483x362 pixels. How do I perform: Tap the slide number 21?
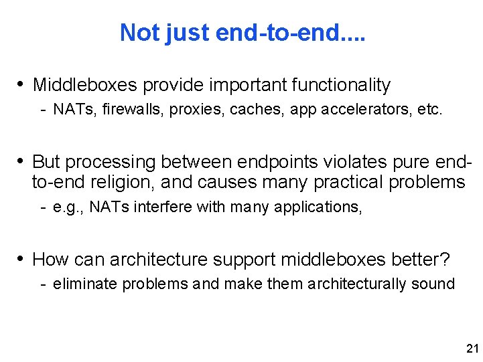(472, 349)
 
